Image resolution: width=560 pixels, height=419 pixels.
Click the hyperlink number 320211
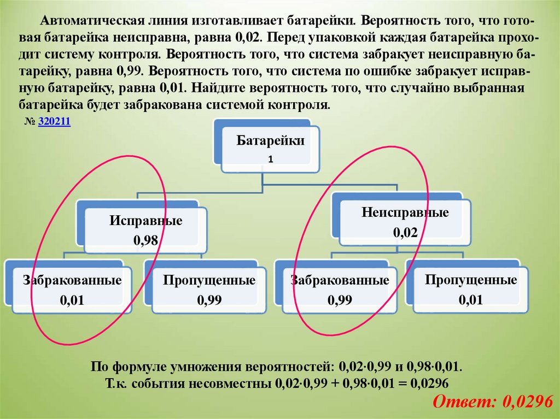[55, 123]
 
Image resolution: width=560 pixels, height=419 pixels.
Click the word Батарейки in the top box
[270, 141]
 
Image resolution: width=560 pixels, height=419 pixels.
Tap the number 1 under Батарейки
[270, 160]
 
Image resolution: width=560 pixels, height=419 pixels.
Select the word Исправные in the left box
[145, 221]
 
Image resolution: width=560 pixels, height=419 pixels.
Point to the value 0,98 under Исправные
[145, 240]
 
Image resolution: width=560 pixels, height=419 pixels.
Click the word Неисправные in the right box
[405, 213]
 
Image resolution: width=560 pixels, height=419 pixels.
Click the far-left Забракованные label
[72, 281]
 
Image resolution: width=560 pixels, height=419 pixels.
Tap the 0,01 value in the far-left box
[72, 300]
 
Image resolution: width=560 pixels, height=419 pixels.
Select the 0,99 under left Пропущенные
[209, 300]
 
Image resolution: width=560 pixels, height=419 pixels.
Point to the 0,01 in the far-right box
[471, 300]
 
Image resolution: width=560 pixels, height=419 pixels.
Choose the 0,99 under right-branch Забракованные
[340, 300]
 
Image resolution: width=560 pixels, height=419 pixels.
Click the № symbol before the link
[30, 123]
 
